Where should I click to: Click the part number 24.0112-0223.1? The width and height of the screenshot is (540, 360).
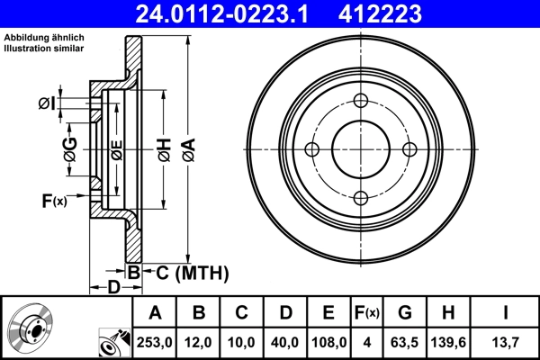click(225, 14)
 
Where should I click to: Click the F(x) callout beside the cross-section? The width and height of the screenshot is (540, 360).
click(54, 201)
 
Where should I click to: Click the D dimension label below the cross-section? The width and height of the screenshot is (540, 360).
click(113, 287)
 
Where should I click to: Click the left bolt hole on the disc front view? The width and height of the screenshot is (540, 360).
click(312, 149)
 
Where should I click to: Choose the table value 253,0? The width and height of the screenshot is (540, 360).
click(155, 342)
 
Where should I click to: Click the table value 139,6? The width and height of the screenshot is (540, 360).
click(449, 342)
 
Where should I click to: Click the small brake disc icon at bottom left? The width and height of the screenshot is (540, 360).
click(31, 329)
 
